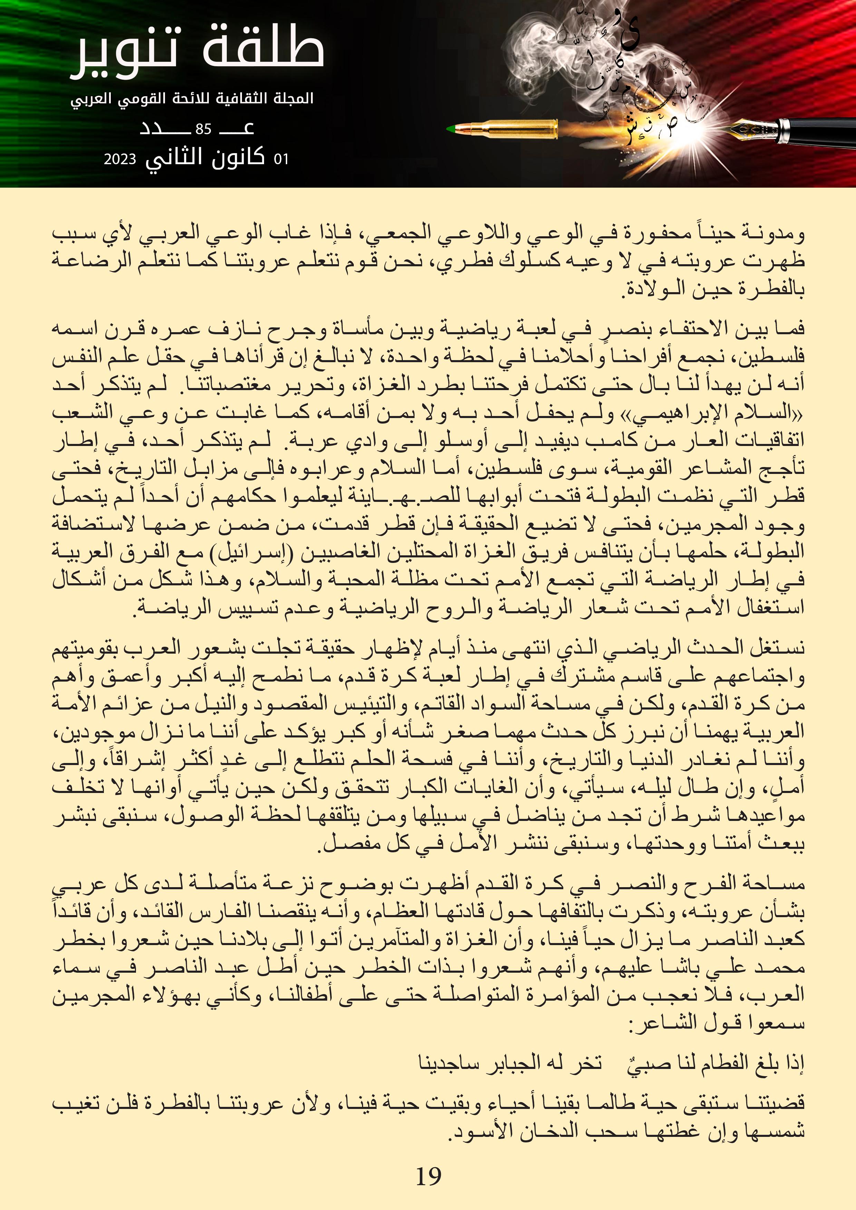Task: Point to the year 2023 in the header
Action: pyautogui.click(x=120, y=159)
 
